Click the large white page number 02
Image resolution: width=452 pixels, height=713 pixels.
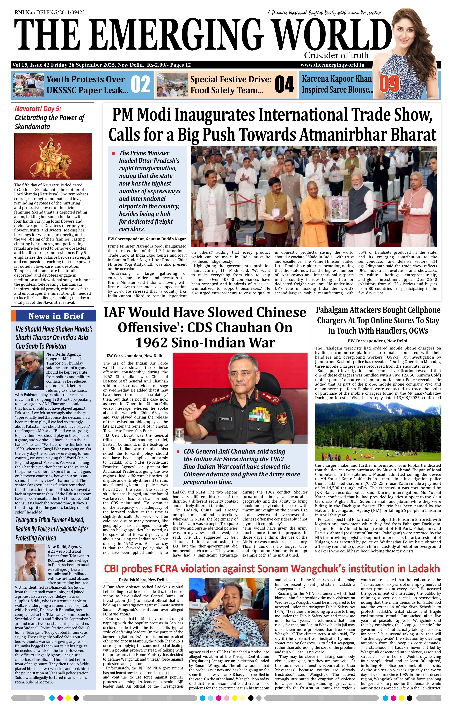140,84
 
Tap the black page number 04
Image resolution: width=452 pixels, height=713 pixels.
284,84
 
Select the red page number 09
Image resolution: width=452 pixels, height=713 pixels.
389,84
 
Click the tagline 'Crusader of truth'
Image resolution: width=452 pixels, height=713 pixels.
336,55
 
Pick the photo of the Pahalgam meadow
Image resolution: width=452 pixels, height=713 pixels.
378,431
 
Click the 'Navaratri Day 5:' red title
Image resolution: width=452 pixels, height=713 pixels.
38,109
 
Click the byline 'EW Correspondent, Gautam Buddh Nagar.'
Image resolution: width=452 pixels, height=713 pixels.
147,239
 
